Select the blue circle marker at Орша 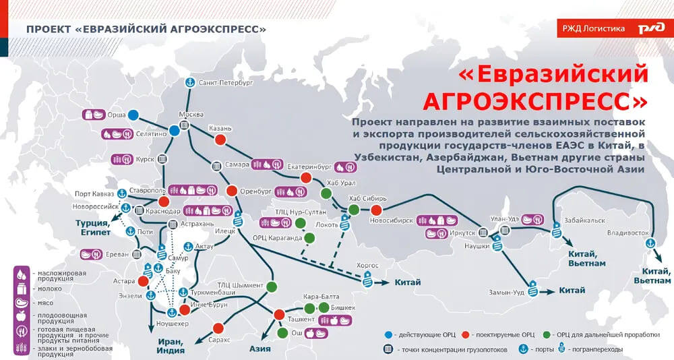point(133,115)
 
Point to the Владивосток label point(627,233)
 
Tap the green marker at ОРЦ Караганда point(309,238)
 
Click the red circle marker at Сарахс point(218,328)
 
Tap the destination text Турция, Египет point(92,227)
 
